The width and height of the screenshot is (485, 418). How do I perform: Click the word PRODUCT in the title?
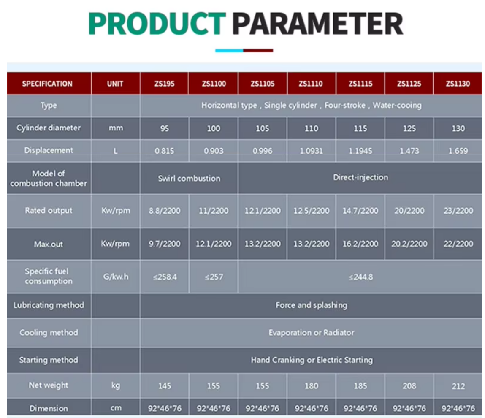pos(157,24)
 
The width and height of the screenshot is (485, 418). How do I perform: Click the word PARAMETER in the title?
pos(318,24)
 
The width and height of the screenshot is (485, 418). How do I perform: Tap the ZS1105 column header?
pos(263,84)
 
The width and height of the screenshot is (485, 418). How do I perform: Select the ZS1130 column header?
pos(458,84)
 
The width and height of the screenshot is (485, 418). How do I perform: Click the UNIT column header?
pos(115,84)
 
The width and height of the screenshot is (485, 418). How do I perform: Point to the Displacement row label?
pos(49,150)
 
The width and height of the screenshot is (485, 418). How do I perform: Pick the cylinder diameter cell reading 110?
pos(311,128)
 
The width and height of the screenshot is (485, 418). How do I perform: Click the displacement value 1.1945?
pos(360,151)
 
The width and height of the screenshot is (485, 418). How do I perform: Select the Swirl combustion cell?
pos(189,178)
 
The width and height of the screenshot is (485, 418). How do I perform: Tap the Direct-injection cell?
pos(360,177)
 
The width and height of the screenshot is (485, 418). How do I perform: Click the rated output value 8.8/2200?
pos(164,211)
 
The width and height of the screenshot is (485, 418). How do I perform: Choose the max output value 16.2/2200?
pos(360,244)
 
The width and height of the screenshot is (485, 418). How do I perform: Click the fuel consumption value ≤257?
pos(214,277)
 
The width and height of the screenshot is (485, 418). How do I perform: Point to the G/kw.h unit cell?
pos(116,276)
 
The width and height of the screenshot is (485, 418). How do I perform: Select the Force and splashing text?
pos(312,305)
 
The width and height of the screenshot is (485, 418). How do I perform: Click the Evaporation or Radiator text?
pos(312,333)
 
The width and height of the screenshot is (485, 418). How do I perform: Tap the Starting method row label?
pos(49,360)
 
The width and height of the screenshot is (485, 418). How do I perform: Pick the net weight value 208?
pos(409,386)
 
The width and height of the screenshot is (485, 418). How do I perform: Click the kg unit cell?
pos(116,385)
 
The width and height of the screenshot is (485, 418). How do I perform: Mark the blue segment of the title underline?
pos(229,50)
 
